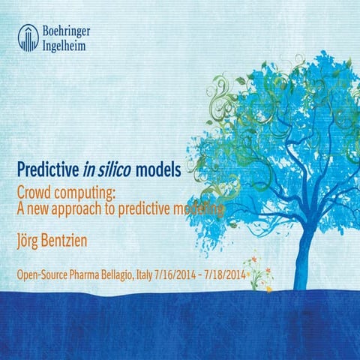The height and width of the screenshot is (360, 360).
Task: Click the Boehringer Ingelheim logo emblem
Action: [28, 37]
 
